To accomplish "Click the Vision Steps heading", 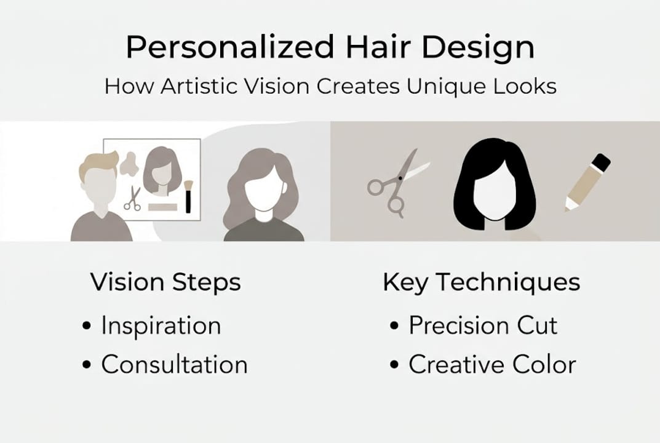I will click(165, 282).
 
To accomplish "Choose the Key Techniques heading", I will click(482, 282).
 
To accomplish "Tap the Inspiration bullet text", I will click(161, 325).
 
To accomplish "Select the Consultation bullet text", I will click(174, 365).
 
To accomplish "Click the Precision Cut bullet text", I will click(483, 325).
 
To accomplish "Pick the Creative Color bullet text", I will click(492, 365).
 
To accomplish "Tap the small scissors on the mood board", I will click(133, 199).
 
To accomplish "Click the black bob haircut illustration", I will click(495, 185).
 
